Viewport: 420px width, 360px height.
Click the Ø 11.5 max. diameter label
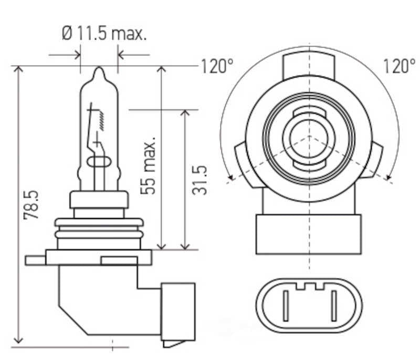(104, 33)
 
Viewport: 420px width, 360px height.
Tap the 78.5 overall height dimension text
(31, 205)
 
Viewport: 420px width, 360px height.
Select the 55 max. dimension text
(148, 166)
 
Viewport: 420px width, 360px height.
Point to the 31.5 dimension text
(199, 180)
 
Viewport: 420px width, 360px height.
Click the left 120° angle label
(217, 66)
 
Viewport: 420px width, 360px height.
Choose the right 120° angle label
(399, 66)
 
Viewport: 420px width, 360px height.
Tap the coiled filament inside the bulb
(102, 121)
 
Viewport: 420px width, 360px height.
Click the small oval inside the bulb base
(99, 162)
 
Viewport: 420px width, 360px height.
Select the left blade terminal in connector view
(286, 305)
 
